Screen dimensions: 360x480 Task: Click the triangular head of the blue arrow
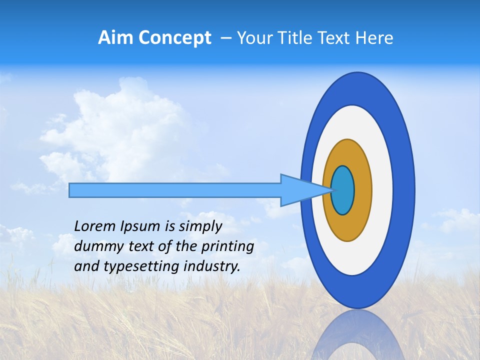point(300,190)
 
